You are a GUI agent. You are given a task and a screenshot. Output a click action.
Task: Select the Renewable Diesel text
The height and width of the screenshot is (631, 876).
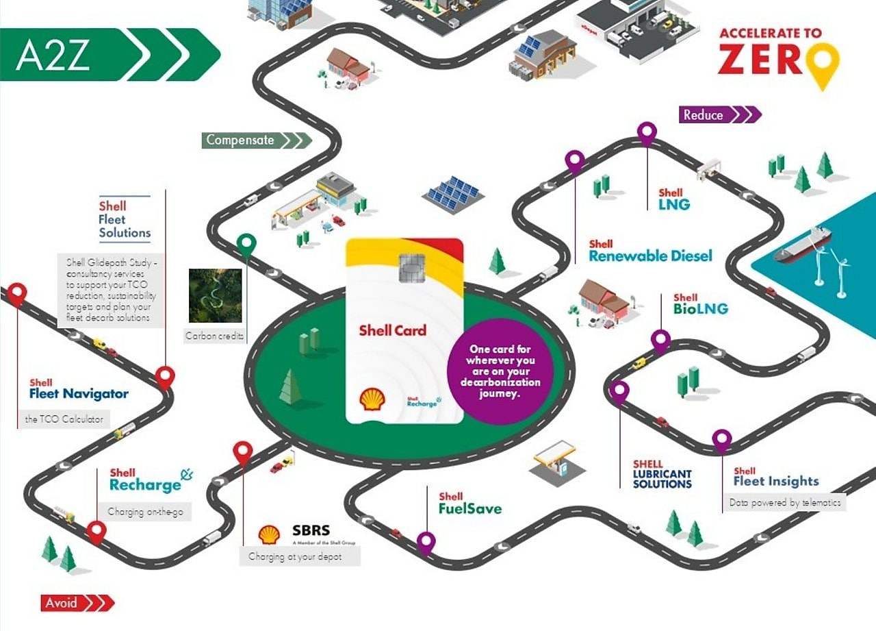[650, 256]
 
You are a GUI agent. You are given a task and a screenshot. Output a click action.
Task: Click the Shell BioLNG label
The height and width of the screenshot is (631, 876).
[700, 305]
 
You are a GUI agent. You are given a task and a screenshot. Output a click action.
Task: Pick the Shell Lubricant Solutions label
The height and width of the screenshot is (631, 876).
[662, 474]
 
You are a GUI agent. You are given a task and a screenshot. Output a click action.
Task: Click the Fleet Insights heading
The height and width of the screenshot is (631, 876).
[775, 481]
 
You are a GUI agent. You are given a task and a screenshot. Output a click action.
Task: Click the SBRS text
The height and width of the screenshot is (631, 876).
[311, 531]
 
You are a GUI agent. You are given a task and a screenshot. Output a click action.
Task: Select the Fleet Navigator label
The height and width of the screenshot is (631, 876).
[79, 394]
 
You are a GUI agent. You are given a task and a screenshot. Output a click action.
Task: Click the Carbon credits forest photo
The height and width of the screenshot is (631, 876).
[215, 295]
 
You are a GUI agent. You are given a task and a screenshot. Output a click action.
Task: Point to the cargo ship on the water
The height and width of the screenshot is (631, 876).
[802, 245]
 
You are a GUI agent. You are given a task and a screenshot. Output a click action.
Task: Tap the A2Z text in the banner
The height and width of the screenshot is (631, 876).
[53, 55]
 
